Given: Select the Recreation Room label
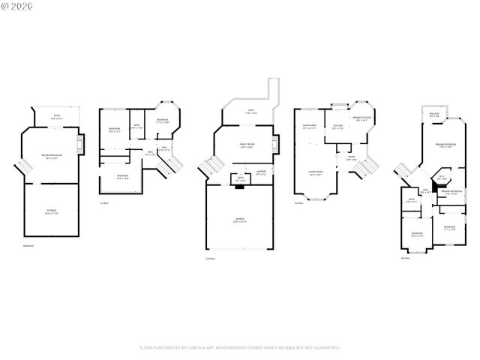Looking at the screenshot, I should coord(52,156).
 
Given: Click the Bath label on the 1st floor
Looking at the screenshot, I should coord(137,127).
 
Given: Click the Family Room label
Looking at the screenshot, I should coord(247,145).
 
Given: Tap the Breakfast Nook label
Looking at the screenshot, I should coord(361,119).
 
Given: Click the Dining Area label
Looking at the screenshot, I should coord(308,127).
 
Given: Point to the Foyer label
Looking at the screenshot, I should coord(350,158).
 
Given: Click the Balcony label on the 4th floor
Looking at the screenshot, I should coord(434,116).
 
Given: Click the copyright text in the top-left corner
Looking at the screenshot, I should coord(16,6).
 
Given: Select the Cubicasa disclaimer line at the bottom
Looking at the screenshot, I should coord(240,348).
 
